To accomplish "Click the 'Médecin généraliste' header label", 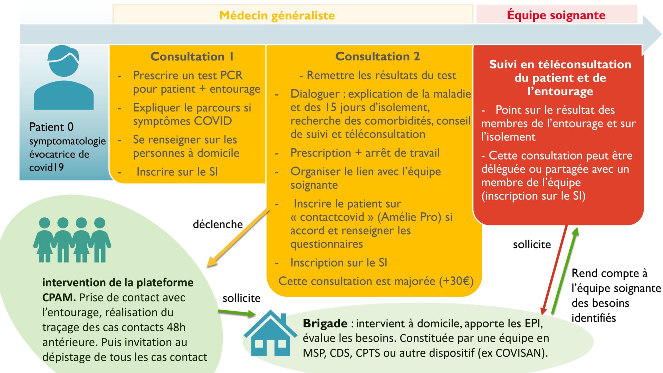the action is click(x=277, y=15).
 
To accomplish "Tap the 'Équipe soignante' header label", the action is click(x=556, y=15).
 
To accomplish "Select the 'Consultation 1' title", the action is click(x=192, y=56).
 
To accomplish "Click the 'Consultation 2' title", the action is click(x=377, y=56).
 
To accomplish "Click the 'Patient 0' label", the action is click(x=51, y=127).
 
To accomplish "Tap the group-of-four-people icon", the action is click(x=72, y=240).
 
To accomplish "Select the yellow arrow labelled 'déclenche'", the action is click(x=238, y=238).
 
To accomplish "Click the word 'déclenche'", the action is click(x=218, y=224).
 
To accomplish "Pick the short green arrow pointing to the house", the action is click(x=237, y=313).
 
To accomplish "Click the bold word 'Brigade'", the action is click(x=325, y=323).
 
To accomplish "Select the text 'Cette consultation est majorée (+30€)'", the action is click(x=376, y=281).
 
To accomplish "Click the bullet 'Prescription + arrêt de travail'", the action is click(x=365, y=153).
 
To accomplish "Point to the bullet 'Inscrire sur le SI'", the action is click(x=177, y=172).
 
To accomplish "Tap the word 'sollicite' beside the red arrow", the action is click(x=532, y=244).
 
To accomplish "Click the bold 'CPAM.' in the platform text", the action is click(x=59, y=297).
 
